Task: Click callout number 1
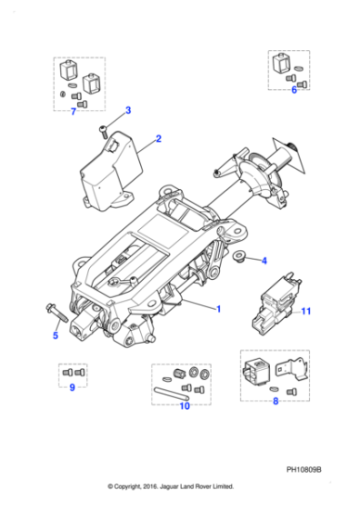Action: pyautogui.click(x=218, y=309)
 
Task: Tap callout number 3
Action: pyautogui.click(x=127, y=110)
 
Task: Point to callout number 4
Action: pyautogui.click(x=264, y=262)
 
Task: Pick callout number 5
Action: pyautogui.click(x=55, y=334)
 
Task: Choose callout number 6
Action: pyautogui.click(x=294, y=90)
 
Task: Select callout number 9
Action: pyautogui.click(x=72, y=388)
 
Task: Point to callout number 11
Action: pyautogui.click(x=306, y=312)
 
